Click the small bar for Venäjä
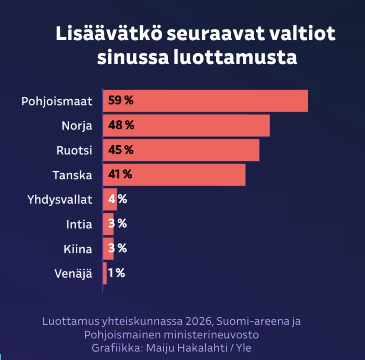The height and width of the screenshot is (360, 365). [105, 273]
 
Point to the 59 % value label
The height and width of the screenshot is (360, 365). [121, 101]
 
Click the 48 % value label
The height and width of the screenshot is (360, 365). [121, 125]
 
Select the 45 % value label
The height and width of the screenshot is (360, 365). [121, 150]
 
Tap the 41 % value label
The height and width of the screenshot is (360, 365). [120, 175]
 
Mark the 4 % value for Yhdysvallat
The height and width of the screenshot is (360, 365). [118, 199]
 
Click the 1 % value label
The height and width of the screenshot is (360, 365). [117, 273]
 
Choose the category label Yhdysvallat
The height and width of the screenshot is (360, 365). [60, 200]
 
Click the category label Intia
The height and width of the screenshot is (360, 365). [79, 224]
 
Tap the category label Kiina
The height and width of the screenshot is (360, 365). [78, 249]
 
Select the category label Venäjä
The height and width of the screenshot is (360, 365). [73, 274]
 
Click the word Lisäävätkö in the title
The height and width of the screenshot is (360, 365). [109, 34]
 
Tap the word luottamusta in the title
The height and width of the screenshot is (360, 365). [235, 57]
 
